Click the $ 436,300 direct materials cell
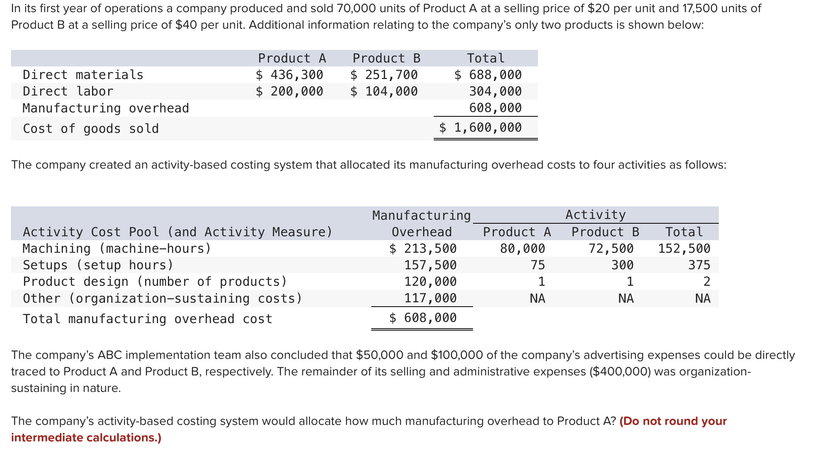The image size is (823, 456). click(289, 75)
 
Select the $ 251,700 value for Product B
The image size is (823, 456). click(384, 75)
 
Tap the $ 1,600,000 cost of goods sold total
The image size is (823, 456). click(481, 127)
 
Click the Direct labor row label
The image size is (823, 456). click(68, 91)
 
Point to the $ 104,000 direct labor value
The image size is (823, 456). click(384, 91)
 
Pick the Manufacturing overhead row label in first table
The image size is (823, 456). click(106, 108)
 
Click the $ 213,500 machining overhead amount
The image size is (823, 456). click(423, 248)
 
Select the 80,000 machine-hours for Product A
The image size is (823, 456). click(522, 248)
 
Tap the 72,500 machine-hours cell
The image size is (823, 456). click(611, 248)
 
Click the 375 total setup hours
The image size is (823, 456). click(699, 265)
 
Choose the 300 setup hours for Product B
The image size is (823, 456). click(622, 265)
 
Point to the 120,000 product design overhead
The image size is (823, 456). click(430, 281)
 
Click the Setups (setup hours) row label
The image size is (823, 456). click(98, 265)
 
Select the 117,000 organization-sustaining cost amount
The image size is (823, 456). click(430, 298)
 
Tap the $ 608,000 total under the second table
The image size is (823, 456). click(423, 318)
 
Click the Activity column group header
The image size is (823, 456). click(595, 215)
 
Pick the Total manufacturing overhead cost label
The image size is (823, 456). click(147, 318)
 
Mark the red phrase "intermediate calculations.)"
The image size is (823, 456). click(86, 438)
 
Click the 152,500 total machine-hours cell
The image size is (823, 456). click(684, 248)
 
